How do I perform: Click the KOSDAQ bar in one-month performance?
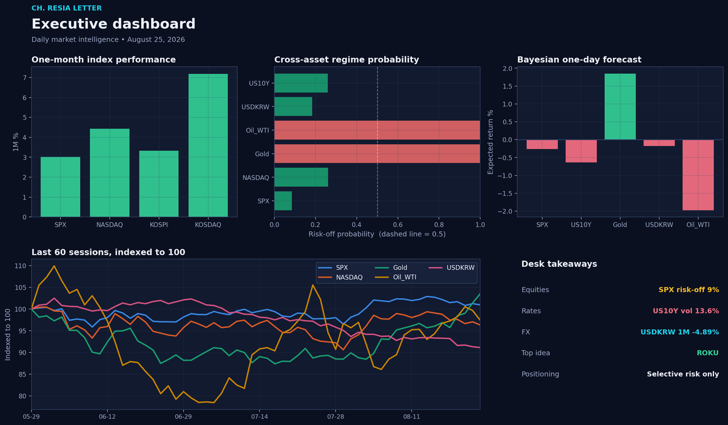[208, 145]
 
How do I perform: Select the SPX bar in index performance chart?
[61, 187]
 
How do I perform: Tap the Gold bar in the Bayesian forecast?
[620, 107]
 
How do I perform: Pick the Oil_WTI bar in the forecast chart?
[698, 175]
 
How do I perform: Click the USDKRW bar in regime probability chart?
[293, 107]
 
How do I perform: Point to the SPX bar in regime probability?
[283, 201]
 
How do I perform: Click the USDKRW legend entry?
[452, 267]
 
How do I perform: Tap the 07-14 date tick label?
[260, 417]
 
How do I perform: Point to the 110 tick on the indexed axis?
[20, 266]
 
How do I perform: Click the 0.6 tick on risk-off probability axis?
[398, 225]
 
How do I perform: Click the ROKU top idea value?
[707, 353]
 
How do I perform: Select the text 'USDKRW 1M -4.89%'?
[679, 332]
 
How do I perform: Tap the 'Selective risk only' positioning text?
[683, 374]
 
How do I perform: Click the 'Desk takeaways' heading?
[559, 264]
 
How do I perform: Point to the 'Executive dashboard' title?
[113, 24]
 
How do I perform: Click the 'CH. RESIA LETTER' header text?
[67, 8]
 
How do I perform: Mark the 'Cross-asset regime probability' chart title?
[346, 60]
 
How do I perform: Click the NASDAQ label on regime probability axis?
[256, 178]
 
